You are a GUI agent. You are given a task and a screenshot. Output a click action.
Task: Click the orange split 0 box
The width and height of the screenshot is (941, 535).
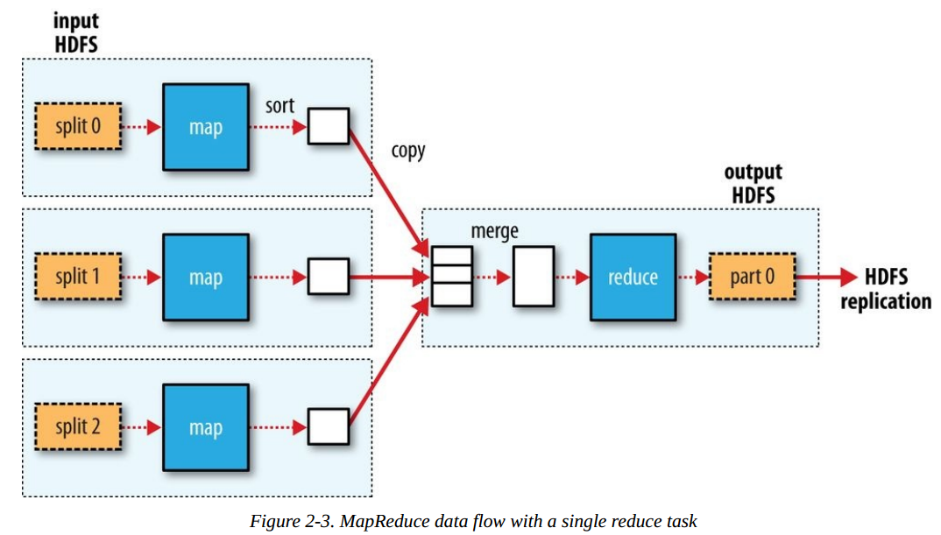coord(77,126)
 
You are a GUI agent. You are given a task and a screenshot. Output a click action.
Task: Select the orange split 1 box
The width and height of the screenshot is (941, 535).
coord(77,278)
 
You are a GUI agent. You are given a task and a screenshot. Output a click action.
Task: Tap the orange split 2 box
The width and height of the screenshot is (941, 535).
coord(77,427)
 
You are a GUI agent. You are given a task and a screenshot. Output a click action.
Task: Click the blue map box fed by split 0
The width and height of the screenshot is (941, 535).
coord(206,127)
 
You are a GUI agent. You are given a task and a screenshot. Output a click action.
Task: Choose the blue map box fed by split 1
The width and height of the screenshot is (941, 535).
coord(206,278)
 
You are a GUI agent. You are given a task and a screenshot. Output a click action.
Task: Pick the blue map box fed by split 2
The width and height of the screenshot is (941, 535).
coord(206,427)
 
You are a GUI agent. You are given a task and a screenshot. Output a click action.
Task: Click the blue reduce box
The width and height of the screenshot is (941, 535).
coord(633,278)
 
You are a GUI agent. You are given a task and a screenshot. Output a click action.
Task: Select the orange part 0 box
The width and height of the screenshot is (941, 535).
coord(752,278)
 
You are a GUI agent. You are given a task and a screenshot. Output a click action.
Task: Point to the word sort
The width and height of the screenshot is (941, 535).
coord(279,106)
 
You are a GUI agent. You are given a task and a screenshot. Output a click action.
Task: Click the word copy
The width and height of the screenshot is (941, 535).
coord(408,151)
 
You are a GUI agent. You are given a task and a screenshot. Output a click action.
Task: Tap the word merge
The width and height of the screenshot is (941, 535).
coord(494,231)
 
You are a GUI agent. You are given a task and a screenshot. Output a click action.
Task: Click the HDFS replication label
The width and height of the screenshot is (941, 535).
coord(886,290)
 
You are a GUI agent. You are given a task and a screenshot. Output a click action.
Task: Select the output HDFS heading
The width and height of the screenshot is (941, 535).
coord(753,183)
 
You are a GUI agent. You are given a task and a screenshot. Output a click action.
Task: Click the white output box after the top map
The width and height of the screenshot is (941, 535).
coord(328,126)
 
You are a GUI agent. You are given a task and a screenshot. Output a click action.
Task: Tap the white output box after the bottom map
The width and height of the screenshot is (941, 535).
coord(328,427)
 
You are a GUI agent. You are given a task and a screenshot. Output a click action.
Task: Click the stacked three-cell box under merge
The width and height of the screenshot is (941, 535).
coord(452,277)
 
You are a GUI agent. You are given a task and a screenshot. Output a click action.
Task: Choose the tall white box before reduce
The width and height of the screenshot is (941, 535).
coord(533,277)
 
